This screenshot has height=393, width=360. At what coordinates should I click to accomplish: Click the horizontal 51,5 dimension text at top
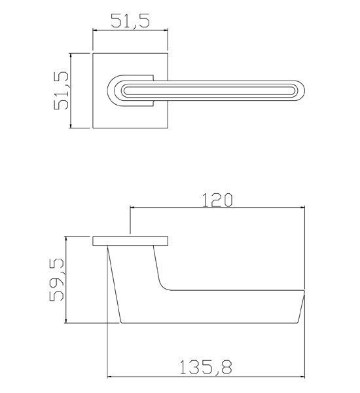[x=130, y=21]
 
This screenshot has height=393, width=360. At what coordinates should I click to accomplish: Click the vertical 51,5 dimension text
[x=61, y=90]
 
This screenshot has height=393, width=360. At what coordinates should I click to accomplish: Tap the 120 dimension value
[x=217, y=200]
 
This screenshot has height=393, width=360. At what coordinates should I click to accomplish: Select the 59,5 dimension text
[x=56, y=280]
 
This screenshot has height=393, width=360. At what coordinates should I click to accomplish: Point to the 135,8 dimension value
[x=206, y=367]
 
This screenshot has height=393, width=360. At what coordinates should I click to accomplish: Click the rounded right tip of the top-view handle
[x=304, y=90]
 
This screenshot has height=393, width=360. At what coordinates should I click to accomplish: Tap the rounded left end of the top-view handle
[x=109, y=90]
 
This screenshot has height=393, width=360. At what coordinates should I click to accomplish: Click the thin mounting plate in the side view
[x=130, y=241]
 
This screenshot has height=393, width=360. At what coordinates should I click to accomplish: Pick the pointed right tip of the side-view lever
[x=304, y=291]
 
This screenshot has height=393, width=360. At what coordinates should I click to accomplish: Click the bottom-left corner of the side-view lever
[x=121, y=323]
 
